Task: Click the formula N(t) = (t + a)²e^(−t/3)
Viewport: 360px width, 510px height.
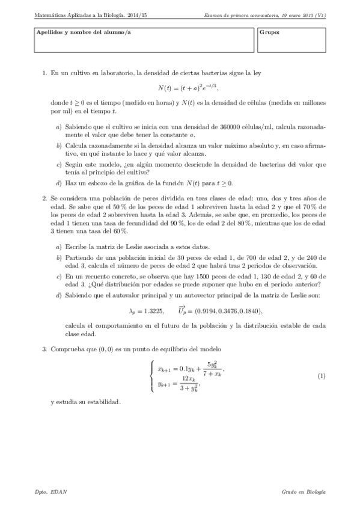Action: pyautogui.click(x=186, y=88)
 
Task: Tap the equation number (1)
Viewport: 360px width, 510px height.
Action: pyautogui.click(x=321, y=376)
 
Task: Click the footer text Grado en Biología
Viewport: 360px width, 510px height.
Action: pyautogui.click(x=304, y=492)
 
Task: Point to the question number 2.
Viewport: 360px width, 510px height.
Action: pyautogui.click(x=44, y=198)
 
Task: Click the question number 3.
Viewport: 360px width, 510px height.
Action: pyautogui.click(x=44, y=349)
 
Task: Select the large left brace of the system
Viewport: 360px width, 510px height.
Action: pyautogui.click(x=151, y=376)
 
